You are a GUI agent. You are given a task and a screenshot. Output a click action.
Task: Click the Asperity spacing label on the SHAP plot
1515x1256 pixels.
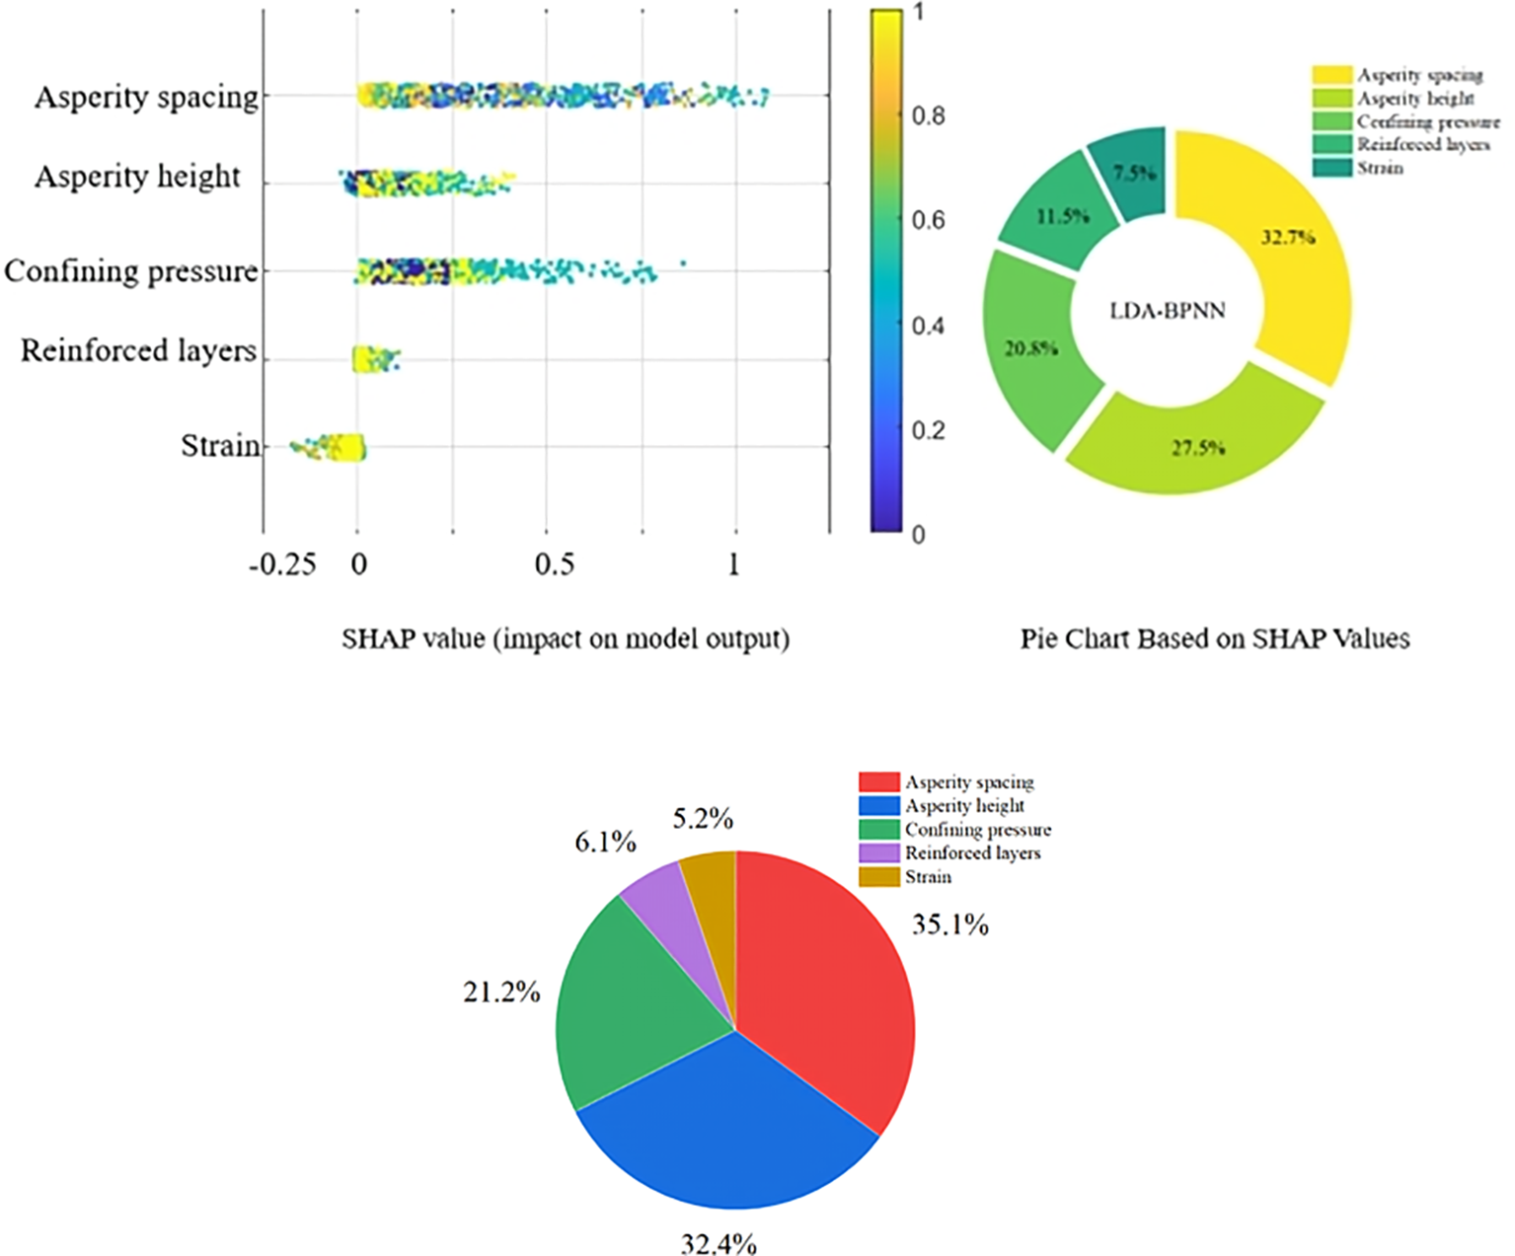click(x=146, y=98)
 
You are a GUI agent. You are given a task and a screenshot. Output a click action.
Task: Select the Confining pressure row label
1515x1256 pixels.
click(x=130, y=271)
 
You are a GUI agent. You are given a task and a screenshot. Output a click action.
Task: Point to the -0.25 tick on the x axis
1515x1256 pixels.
click(x=282, y=564)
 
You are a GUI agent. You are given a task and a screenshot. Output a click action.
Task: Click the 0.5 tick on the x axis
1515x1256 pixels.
click(x=554, y=564)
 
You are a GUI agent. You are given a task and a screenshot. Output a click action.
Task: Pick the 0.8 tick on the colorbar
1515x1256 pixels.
click(x=928, y=116)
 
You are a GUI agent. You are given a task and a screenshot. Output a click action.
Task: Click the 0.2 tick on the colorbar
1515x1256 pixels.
click(x=928, y=431)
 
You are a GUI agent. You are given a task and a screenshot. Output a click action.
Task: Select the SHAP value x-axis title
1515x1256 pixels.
click(x=566, y=639)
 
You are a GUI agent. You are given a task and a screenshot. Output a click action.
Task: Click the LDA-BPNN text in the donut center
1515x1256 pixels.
click(x=1168, y=311)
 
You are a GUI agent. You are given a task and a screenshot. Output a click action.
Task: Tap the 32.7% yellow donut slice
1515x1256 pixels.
click(x=1293, y=247)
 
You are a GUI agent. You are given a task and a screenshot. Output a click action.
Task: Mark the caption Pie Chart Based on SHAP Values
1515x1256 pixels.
click(x=1215, y=639)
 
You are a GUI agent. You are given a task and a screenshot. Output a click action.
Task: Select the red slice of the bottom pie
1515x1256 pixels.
click(x=829, y=977)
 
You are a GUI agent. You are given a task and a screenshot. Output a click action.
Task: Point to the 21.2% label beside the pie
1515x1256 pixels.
click(x=501, y=993)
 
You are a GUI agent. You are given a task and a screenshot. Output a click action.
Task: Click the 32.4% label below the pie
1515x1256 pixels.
click(x=719, y=1244)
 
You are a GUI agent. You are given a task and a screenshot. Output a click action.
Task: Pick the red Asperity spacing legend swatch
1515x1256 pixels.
click(x=878, y=782)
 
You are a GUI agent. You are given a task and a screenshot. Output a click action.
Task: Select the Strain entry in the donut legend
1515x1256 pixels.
click(x=1379, y=169)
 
